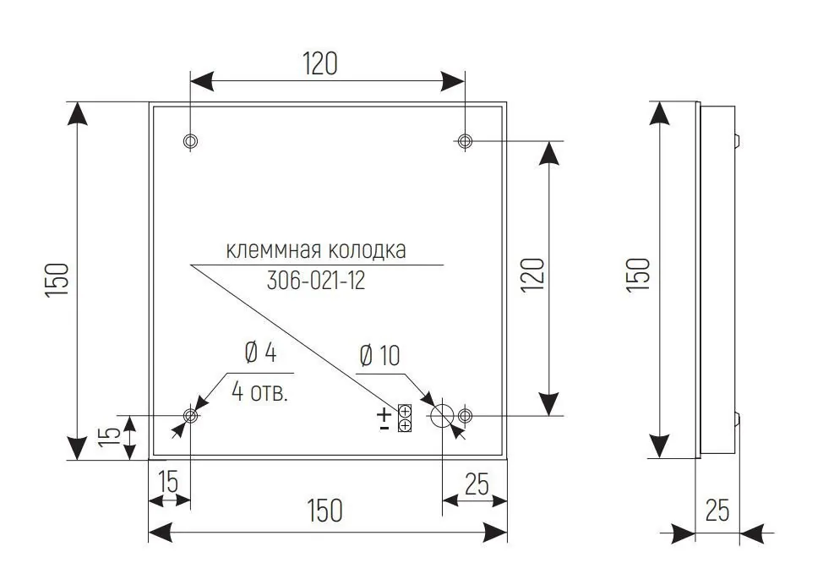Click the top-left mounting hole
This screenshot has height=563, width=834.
(x=190, y=141)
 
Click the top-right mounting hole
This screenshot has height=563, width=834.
(x=465, y=141)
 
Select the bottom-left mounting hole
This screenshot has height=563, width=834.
(x=190, y=415)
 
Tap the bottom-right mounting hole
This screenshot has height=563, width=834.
(x=465, y=415)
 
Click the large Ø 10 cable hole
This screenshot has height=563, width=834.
(x=442, y=416)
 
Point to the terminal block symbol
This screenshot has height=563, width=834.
(x=405, y=418)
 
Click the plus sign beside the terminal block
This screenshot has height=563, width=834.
(x=384, y=413)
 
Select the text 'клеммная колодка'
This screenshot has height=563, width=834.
(x=316, y=249)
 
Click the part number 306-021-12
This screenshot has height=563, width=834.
(x=316, y=281)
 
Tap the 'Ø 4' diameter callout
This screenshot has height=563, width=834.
(x=260, y=353)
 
